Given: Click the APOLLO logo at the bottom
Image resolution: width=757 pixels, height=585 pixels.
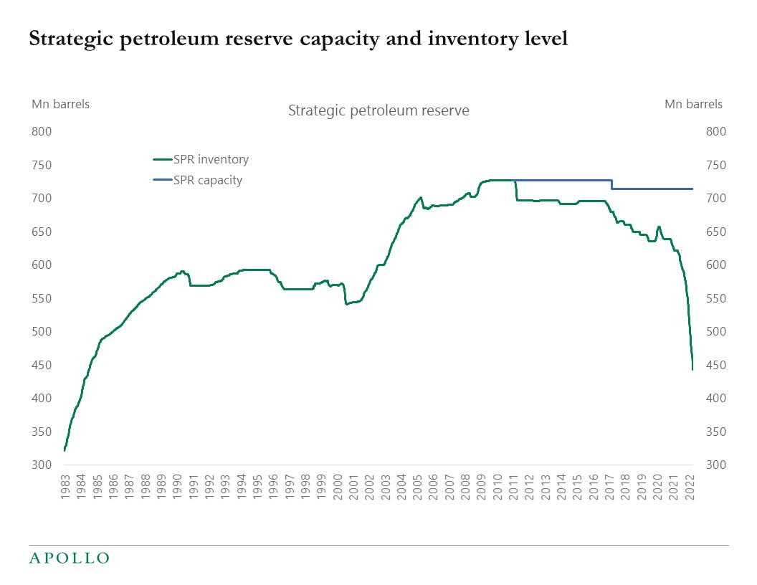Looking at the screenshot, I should click(x=69, y=558).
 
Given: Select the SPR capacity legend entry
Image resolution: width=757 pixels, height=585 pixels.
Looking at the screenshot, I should click(x=207, y=180).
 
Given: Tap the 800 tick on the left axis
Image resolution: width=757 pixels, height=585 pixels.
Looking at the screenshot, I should click(x=42, y=132).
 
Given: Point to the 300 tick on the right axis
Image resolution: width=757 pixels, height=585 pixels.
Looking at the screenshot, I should click(x=715, y=465).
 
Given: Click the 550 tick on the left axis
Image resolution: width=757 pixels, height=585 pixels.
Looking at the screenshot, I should click(x=42, y=298).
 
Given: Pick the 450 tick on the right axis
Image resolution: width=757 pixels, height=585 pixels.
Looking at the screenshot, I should click(x=715, y=365).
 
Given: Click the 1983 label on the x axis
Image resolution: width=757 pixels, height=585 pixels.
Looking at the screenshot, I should click(x=65, y=487).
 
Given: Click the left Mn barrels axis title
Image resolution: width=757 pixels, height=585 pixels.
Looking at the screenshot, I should click(x=60, y=104).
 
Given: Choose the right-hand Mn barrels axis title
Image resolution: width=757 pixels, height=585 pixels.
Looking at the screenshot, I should click(x=693, y=104).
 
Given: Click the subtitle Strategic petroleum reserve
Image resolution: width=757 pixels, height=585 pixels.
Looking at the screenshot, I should click(x=378, y=111).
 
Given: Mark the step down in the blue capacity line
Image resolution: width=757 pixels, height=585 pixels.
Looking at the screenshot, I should click(x=611, y=184).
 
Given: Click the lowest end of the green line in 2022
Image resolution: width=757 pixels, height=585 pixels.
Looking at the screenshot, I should click(x=692, y=369).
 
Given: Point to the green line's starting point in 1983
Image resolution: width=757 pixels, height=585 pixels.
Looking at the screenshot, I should click(x=65, y=450).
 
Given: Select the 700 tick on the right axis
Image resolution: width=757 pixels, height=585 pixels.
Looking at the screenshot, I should click(x=715, y=199).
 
